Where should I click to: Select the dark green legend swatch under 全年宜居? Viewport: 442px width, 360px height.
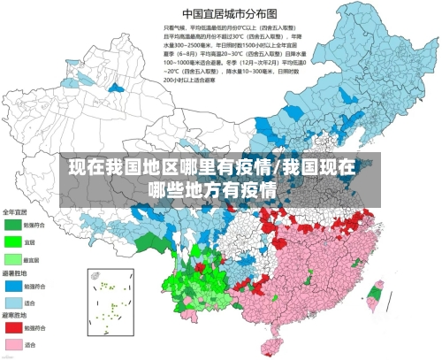[x=12, y=225]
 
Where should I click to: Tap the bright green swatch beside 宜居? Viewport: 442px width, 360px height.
[x=12, y=241]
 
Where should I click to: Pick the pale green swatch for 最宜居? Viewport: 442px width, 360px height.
[x=12, y=259]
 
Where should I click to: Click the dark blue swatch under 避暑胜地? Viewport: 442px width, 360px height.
[x=12, y=286]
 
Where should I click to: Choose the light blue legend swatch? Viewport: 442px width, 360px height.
[x=12, y=303]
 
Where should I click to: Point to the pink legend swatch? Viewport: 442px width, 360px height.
[x=12, y=344]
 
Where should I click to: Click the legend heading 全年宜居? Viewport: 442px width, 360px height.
[x=15, y=212]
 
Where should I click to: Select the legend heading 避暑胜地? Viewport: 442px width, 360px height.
[x=15, y=273]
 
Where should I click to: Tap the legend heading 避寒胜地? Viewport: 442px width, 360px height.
[x=15, y=315]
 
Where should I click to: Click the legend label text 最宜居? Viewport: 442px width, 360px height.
[x=32, y=259]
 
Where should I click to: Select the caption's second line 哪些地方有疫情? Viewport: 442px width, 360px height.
[x=212, y=189]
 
